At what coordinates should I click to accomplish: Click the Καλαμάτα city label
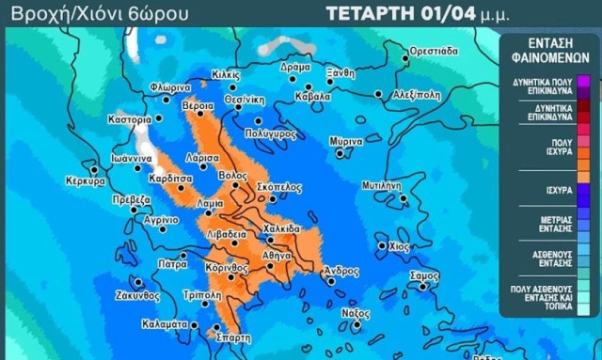pos(166,324)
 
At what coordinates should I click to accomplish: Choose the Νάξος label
pos(356,312)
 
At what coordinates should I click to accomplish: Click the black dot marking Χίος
pos(381,246)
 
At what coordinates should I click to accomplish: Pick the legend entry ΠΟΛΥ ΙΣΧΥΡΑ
pos(546,149)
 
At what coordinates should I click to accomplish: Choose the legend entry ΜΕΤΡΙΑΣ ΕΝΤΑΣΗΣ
pos(546,224)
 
